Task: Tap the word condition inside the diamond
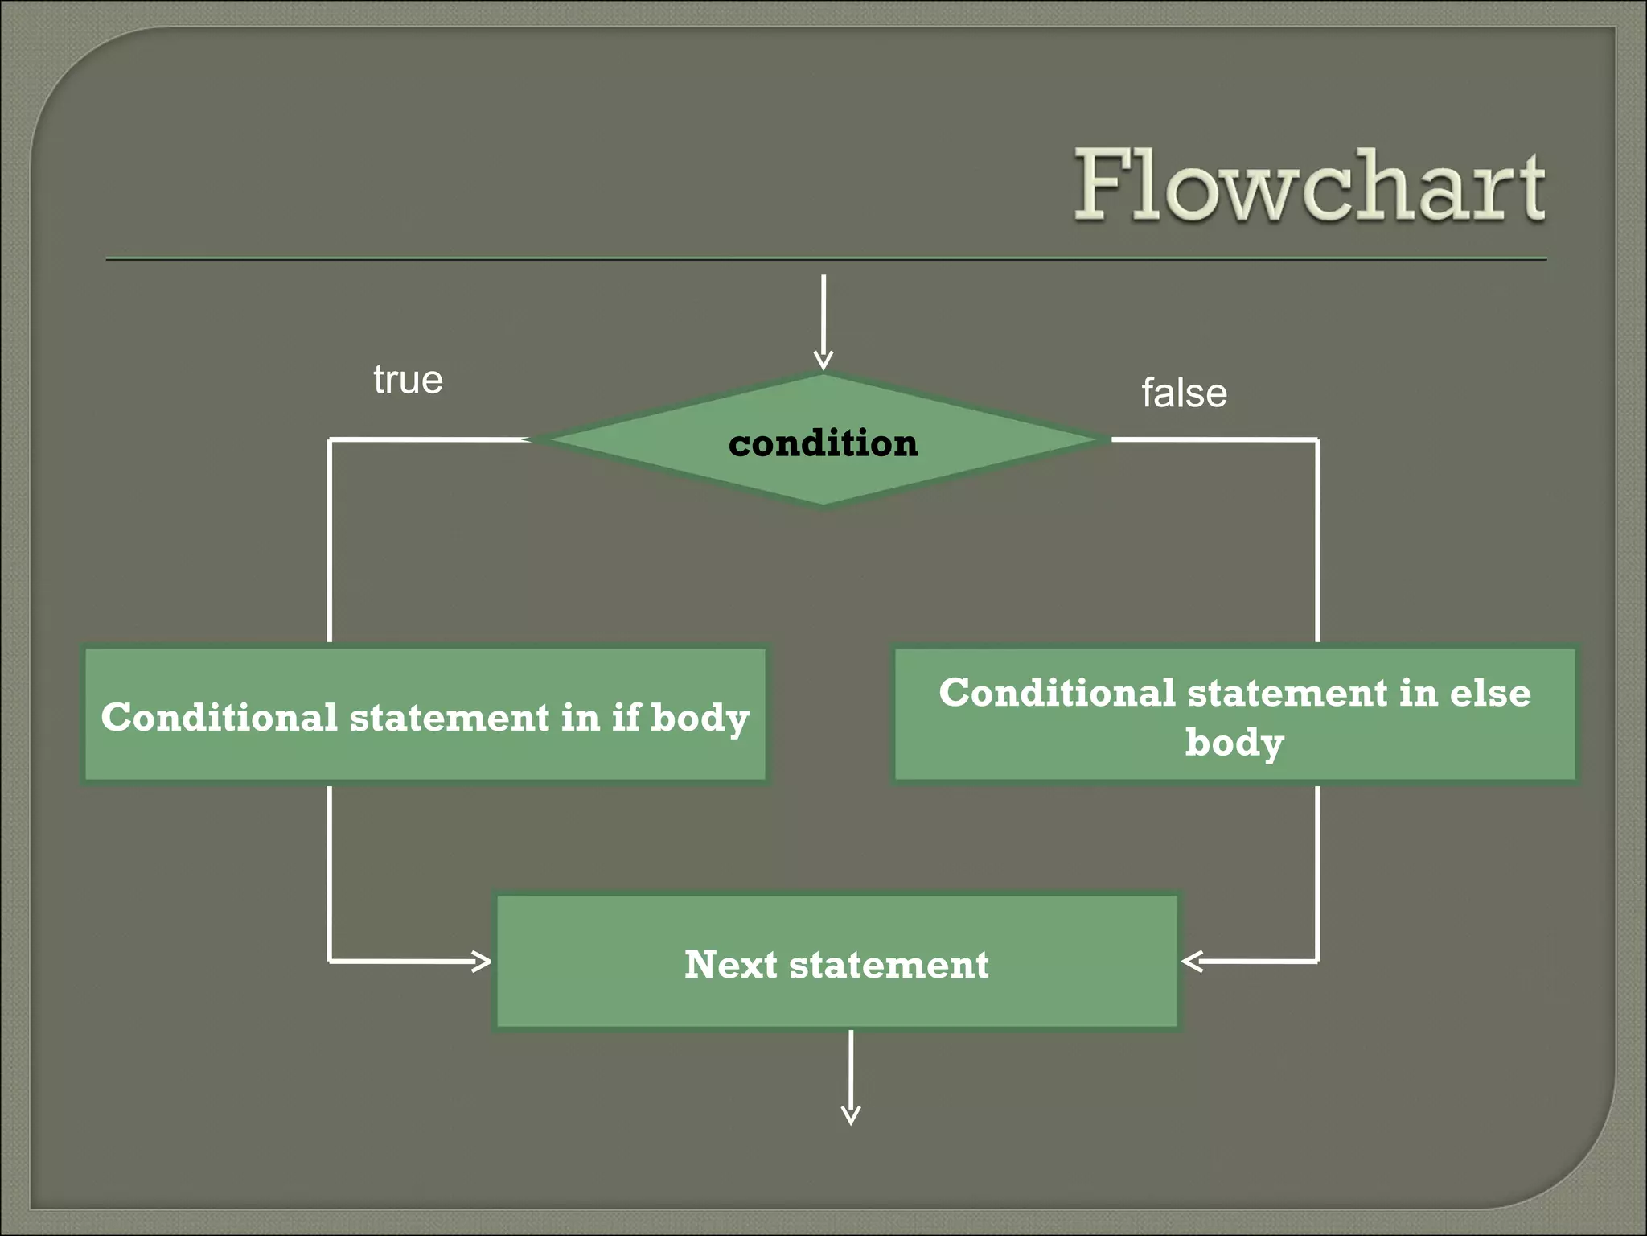coord(823,443)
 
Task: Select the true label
coord(408,380)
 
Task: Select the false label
coord(1184,393)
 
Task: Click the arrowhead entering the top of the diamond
coord(823,361)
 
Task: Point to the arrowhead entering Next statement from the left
coord(482,961)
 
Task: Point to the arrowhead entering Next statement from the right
coord(1191,961)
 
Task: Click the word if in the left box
coord(626,717)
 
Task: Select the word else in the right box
coord(1489,693)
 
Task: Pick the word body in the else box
coord(1234,743)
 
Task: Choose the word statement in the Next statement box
coord(889,965)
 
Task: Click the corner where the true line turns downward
coord(330,439)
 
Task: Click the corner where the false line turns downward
coord(1317,439)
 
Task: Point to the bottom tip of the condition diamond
coord(823,505)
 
